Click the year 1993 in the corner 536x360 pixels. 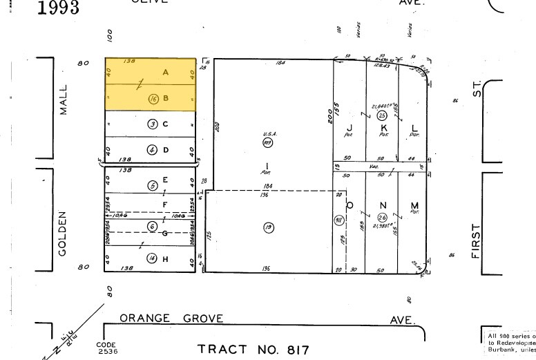[58, 8]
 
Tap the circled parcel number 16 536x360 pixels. [153, 99]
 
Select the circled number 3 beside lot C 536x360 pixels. [153, 124]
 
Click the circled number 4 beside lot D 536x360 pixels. [153, 149]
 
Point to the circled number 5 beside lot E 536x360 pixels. [153, 185]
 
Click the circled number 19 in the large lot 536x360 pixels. [268, 228]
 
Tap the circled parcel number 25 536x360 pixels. [381, 115]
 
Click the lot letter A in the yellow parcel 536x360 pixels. [165, 73]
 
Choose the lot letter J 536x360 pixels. [350, 128]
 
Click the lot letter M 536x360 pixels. [414, 205]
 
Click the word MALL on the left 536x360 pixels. [64, 100]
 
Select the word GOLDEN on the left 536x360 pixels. [63, 234]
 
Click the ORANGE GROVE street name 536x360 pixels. [171, 319]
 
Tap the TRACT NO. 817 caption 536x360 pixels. [253, 350]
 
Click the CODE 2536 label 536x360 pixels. [108, 348]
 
